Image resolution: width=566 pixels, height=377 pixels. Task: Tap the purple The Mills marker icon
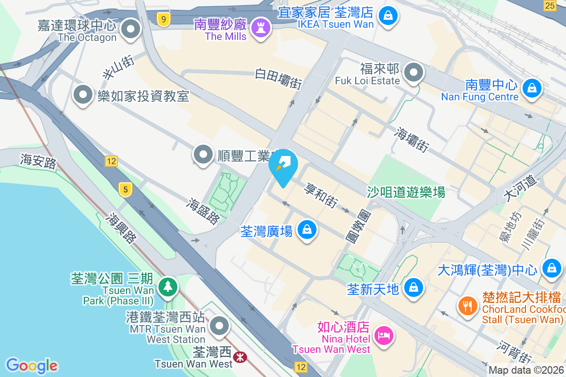260,27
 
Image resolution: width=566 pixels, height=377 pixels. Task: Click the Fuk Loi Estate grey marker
414,74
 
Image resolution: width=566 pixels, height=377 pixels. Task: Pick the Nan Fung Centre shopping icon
532,88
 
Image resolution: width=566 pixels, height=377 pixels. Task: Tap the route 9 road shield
163,20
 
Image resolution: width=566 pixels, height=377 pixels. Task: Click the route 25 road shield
549,5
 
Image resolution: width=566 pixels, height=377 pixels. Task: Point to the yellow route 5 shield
125,189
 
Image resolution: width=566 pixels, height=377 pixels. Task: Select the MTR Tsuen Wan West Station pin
219,326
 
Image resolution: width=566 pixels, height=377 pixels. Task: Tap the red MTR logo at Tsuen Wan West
241,358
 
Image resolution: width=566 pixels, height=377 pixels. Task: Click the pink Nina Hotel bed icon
383,336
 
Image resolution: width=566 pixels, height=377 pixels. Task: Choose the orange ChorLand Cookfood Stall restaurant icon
468,306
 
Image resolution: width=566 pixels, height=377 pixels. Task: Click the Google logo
32,366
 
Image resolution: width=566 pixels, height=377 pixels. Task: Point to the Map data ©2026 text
526,370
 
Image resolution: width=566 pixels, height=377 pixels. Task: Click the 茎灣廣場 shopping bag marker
307,229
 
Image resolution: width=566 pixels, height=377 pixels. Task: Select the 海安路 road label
38,161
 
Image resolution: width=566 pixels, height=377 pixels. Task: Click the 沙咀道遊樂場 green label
406,192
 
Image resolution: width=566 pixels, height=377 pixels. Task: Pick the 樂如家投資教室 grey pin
83,95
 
